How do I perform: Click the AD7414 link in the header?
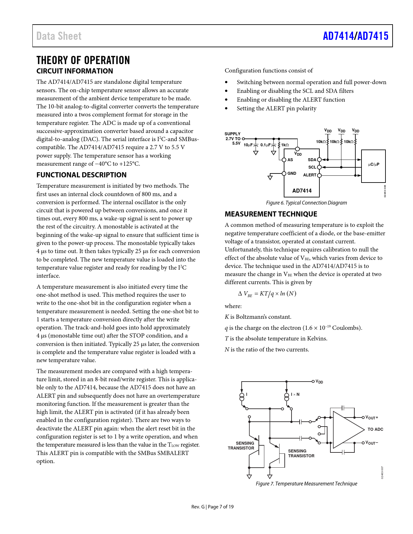[338, 36]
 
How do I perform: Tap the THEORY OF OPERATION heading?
[83, 60]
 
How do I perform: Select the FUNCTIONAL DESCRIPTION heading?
[81, 175]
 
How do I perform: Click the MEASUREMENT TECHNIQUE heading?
[271, 214]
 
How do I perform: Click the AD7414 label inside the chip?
[302, 191]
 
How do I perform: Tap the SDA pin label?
[312, 160]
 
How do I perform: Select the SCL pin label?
[312, 167]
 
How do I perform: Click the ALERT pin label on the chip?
[310, 175]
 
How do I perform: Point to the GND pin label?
[292, 173]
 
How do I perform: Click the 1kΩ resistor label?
[285, 145]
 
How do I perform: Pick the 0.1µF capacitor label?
[265, 145]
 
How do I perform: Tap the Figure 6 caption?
[306, 203]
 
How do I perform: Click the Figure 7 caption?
[306, 484]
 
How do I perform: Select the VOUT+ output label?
[372, 418]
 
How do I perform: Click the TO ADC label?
[375, 429]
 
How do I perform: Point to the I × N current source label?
[295, 395]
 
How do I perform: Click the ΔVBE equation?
[267, 294]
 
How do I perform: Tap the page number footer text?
[212, 507]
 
